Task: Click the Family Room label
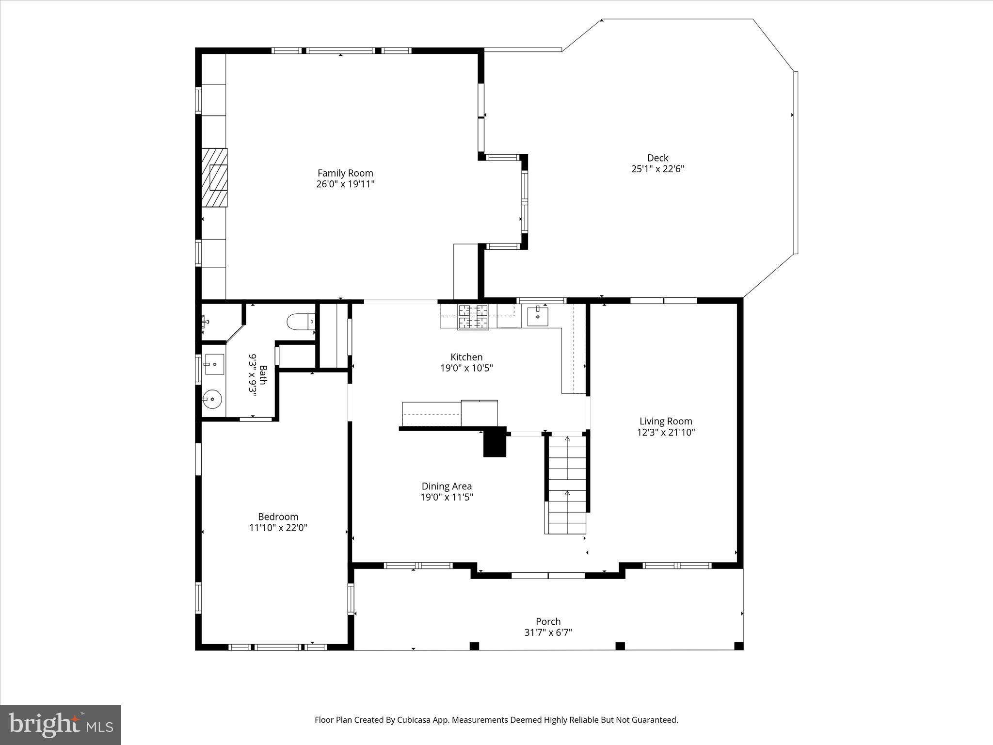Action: pos(345,173)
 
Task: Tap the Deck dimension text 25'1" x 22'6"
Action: pos(657,169)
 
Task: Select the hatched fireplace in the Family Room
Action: pos(215,178)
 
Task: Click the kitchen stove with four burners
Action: pos(474,317)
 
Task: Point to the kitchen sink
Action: pos(538,317)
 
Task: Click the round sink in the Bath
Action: pos(212,400)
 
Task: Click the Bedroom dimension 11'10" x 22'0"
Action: pos(278,528)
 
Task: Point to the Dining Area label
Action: pos(447,486)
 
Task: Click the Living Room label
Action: pos(666,421)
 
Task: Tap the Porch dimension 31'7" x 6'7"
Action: pos(548,632)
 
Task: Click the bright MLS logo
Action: pos(61,725)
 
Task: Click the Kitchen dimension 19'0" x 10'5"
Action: pos(466,368)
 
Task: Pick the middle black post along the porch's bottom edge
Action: pos(620,646)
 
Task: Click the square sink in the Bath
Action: pos(214,364)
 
